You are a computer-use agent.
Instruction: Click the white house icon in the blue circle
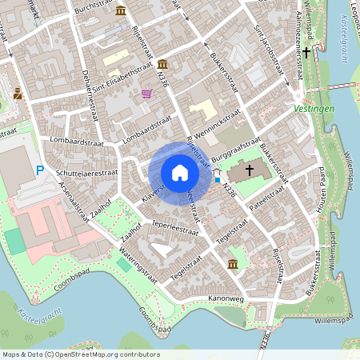[180, 173]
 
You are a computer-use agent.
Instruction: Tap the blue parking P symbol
[40, 170]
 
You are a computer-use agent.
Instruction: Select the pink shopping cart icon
[146, 94]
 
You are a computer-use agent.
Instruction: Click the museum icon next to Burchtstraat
[120, 10]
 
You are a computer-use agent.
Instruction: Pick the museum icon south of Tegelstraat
[232, 264]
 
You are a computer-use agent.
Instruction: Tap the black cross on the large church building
[249, 170]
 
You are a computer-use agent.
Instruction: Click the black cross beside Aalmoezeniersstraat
[306, 52]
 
